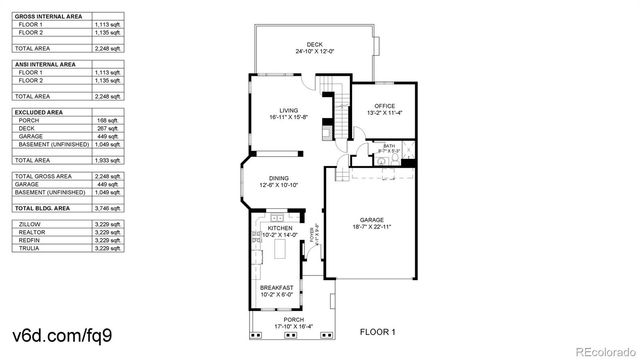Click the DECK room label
[315, 45]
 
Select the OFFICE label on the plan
[385, 106]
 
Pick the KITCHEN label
[280, 229]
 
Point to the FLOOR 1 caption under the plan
[378, 331]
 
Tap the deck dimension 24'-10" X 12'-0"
[315, 52]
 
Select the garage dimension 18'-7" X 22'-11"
[371, 228]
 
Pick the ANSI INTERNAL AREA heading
[44, 64]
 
